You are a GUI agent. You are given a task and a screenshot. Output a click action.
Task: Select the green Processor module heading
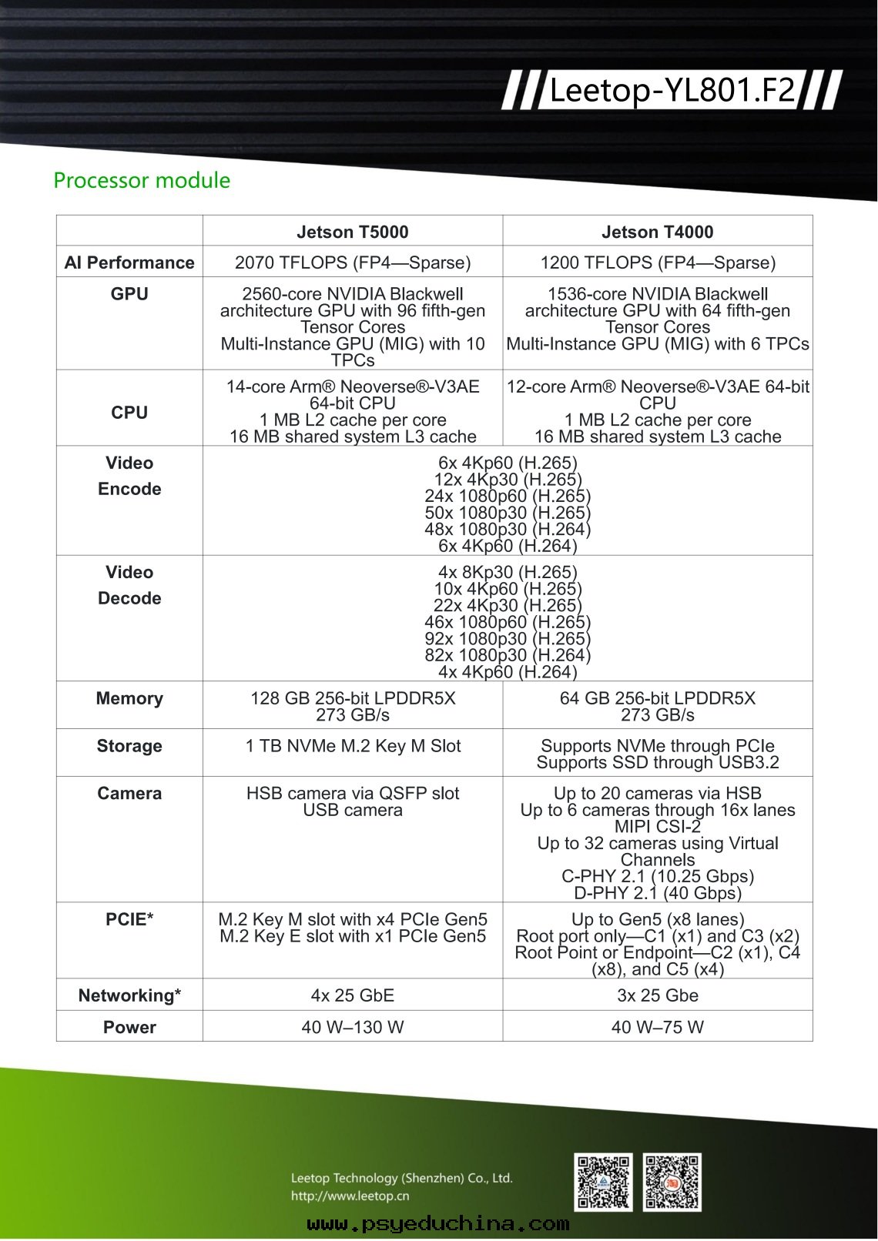pos(142,180)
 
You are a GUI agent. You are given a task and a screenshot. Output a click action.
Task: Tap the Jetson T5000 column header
pos(353,232)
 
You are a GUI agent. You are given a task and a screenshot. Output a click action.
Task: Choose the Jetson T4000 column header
pos(657,232)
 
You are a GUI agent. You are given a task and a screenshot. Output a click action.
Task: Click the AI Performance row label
pos(129,263)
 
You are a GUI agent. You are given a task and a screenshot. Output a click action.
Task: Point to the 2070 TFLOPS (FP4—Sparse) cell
pos(353,263)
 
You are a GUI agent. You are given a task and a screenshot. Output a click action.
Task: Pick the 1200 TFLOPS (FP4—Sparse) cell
pos(657,263)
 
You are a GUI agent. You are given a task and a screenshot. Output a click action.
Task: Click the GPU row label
pos(129,294)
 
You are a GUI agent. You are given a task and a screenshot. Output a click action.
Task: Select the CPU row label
pos(129,413)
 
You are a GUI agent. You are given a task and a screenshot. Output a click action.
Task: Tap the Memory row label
pos(129,698)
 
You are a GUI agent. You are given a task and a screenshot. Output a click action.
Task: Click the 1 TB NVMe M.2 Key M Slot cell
pos(353,746)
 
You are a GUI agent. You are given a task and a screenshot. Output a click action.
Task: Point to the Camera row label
pos(129,794)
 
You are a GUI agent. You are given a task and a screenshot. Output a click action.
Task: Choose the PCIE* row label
pos(129,920)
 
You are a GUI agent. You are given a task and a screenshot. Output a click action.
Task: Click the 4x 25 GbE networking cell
pos(353,995)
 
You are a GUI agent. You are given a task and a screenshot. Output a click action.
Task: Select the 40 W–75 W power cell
pos(657,1027)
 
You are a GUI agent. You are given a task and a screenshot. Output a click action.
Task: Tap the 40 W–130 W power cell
pos(353,1027)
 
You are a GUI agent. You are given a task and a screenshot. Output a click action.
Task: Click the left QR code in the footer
pos(603,1182)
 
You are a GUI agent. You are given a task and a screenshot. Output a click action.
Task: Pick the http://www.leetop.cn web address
pos(350,1196)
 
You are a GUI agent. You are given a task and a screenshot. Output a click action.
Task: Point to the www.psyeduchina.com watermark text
pos(437,1223)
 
